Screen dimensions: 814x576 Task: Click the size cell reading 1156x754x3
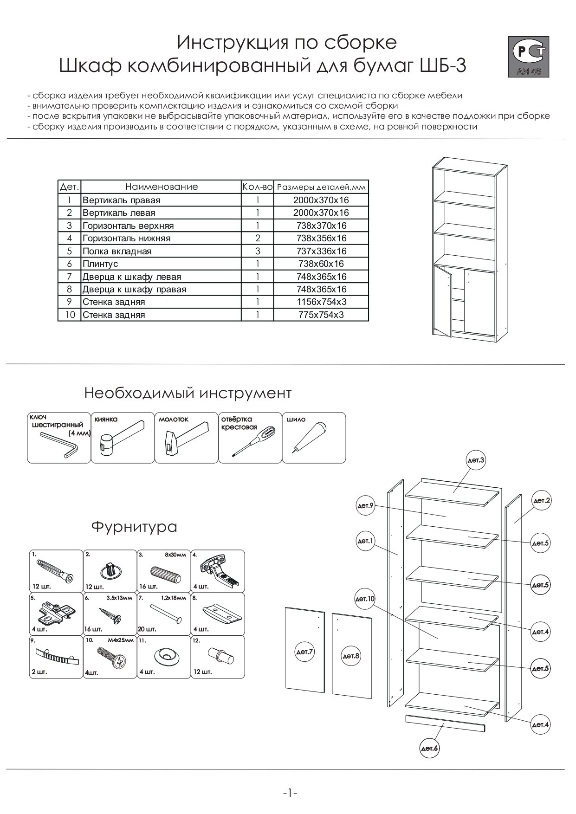pos(321,302)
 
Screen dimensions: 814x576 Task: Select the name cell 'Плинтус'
pos(161,264)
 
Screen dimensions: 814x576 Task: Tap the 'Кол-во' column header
pos(257,187)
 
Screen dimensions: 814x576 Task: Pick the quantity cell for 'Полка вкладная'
pos(258,251)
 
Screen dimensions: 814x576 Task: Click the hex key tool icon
pos(58,444)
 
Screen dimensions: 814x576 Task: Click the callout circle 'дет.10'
pos(365,600)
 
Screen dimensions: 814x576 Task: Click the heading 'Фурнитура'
pos(134,527)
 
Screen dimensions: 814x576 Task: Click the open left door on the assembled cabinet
pos(443,300)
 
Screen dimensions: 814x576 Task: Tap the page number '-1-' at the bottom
pos(290,793)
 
